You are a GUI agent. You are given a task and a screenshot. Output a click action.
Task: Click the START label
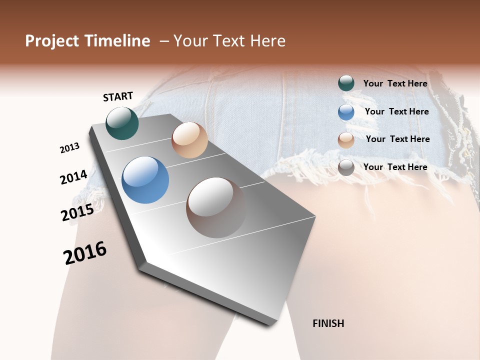(x=118, y=96)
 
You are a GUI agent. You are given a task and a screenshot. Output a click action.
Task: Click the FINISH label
(x=328, y=323)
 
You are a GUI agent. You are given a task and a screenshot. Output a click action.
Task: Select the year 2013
(x=69, y=148)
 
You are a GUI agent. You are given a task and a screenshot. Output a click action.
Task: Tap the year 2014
(x=73, y=177)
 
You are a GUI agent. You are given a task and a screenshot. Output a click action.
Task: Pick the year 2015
(x=77, y=212)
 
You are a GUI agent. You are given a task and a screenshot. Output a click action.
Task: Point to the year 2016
(x=85, y=253)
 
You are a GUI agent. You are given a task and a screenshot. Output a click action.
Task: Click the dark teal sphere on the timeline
(x=122, y=123)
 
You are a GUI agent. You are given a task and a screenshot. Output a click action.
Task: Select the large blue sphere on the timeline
(x=145, y=180)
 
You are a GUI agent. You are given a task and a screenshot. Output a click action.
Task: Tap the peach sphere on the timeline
(x=189, y=140)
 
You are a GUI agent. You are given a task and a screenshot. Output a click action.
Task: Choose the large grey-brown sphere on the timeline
(x=216, y=207)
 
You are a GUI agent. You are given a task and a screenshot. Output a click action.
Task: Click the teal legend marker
(x=346, y=83)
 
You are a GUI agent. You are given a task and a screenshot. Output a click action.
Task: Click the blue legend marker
(x=346, y=112)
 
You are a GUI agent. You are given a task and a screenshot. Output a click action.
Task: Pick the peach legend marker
(x=346, y=139)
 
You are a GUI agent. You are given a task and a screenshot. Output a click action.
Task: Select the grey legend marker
(x=346, y=167)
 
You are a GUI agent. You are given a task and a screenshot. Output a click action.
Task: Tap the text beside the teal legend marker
(x=395, y=84)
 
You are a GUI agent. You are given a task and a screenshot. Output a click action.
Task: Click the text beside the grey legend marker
(x=395, y=167)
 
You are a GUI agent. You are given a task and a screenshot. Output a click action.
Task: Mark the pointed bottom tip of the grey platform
(x=273, y=325)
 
